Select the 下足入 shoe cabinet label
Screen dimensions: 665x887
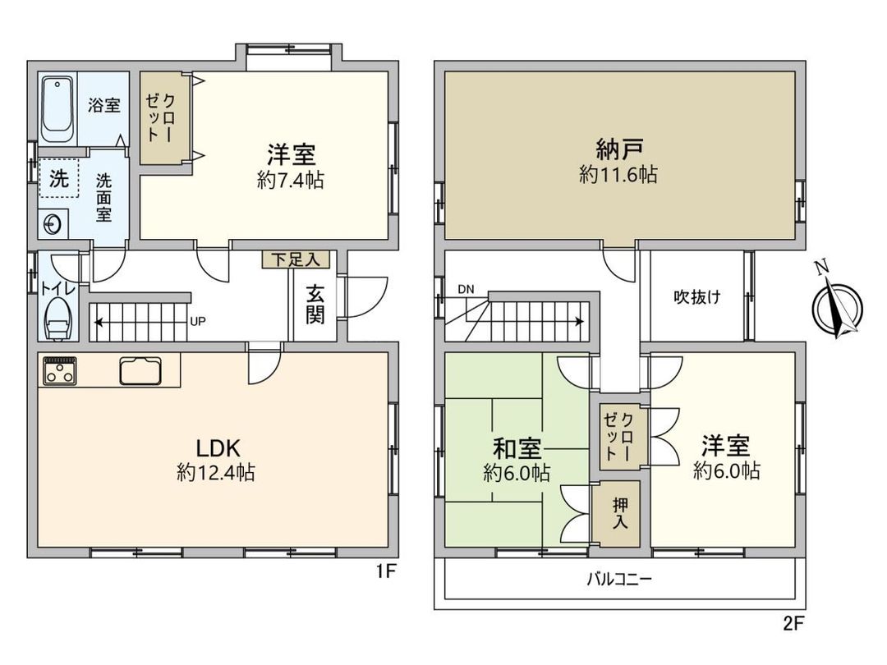pyautogui.click(x=296, y=259)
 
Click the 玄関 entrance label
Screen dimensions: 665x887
pyautogui.click(x=315, y=304)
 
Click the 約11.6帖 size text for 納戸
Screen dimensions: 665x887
pyautogui.click(x=618, y=174)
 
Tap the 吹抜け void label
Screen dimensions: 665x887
pyautogui.click(x=697, y=297)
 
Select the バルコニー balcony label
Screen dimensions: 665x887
pyautogui.click(x=619, y=580)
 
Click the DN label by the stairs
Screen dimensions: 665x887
pyautogui.click(x=466, y=289)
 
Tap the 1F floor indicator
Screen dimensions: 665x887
pyautogui.click(x=385, y=572)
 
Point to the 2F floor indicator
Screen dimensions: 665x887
pyautogui.click(x=793, y=623)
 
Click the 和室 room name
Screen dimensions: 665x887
pyautogui.click(x=517, y=449)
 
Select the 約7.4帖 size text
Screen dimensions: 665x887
pyautogui.click(x=291, y=181)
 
